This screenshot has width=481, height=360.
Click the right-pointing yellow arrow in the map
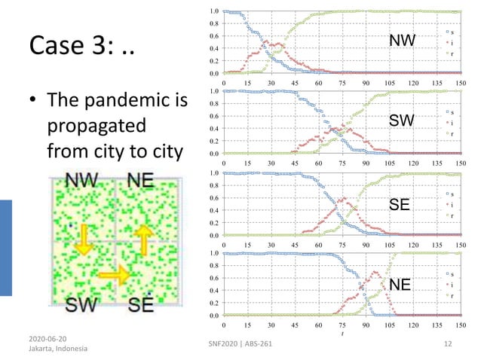(x=113, y=276)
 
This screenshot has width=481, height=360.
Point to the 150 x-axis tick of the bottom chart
(x=461, y=325)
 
